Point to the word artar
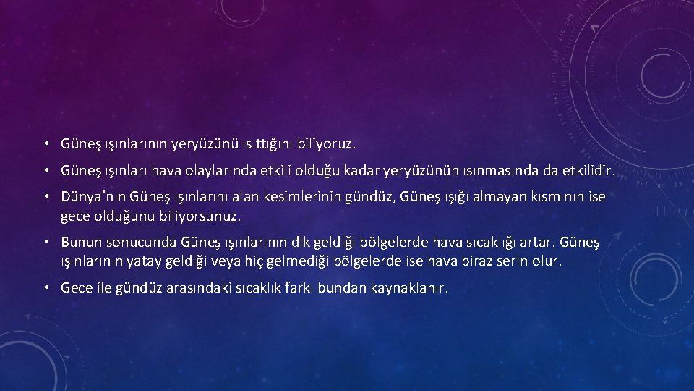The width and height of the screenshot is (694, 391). (x=532, y=242)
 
